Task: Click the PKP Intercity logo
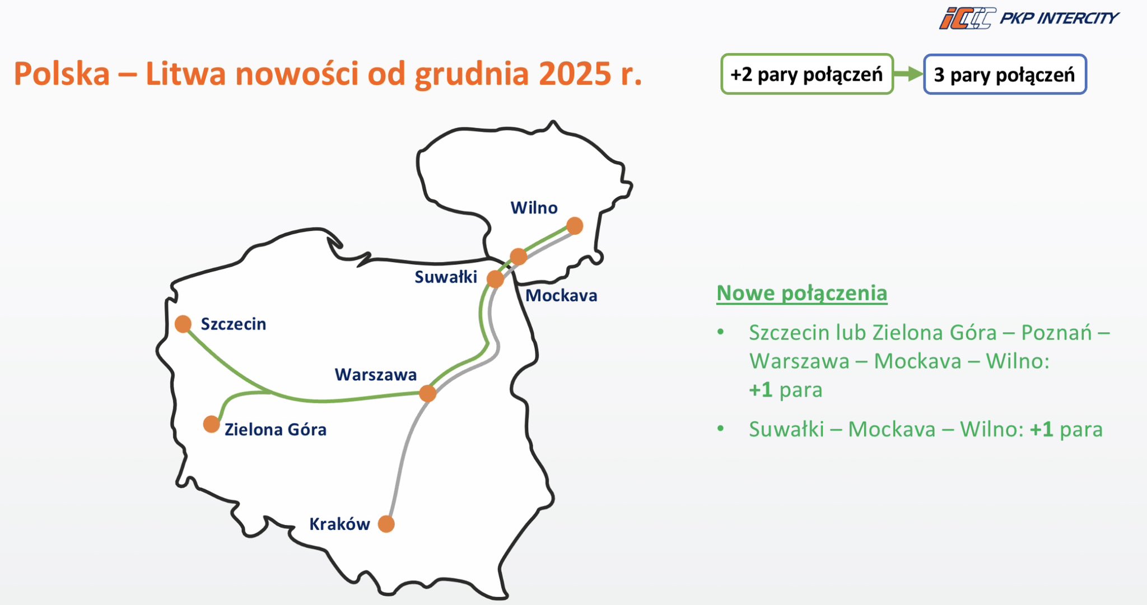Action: click(1029, 18)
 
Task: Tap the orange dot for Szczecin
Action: click(183, 324)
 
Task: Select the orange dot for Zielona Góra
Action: click(211, 424)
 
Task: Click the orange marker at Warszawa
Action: click(427, 393)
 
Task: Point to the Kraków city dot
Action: click(386, 524)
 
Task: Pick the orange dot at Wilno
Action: click(575, 226)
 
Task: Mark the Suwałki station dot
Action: click(495, 278)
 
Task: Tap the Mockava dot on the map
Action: click(519, 257)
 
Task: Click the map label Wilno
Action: click(534, 208)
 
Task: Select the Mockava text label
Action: click(561, 295)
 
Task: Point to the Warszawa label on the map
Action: click(376, 375)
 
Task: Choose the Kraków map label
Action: click(339, 524)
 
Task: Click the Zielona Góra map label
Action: click(276, 430)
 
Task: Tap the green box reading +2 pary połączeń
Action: click(807, 74)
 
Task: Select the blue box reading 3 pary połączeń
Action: click(1005, 74)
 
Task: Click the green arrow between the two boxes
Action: click(908, 74)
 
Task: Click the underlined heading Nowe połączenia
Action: click(802, 293)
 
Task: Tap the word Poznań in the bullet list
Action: click(1057, 333)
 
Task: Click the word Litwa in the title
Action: click(185, 73)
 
